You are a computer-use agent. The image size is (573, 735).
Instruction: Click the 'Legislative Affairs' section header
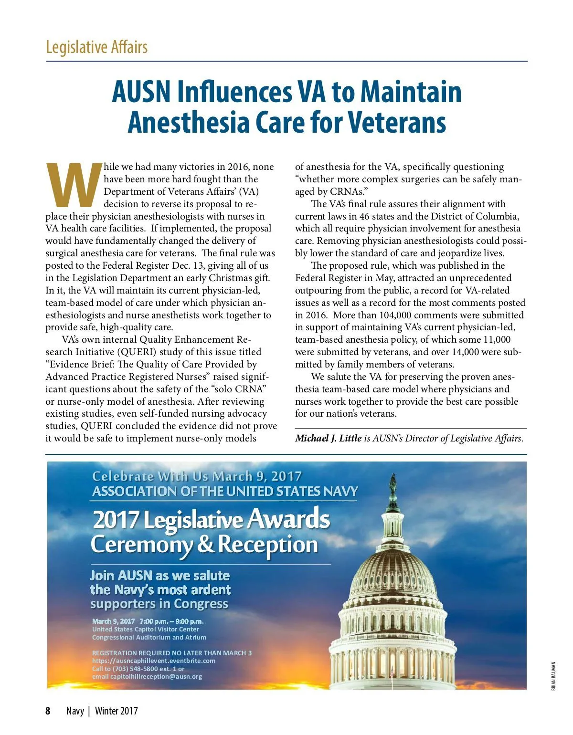pos(96,47)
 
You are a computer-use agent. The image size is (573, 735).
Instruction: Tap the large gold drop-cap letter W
pos(74,184)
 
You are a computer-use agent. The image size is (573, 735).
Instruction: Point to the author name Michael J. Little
pos(328,438)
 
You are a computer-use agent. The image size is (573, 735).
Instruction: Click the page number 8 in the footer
pos(48,711)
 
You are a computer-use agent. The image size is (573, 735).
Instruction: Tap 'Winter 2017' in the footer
pos(117,711)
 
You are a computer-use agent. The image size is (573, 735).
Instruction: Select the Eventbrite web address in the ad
pos(154,661)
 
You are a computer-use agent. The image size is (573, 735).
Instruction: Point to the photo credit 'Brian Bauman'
pos(553,675)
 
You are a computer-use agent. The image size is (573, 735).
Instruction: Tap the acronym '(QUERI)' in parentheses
pos(136,352)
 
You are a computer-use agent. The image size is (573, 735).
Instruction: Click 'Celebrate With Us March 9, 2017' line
pos(197,476)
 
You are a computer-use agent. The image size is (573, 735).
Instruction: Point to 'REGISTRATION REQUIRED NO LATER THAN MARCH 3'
pos(172,652)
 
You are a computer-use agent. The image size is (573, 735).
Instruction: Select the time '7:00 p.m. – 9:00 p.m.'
pos(171,621)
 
